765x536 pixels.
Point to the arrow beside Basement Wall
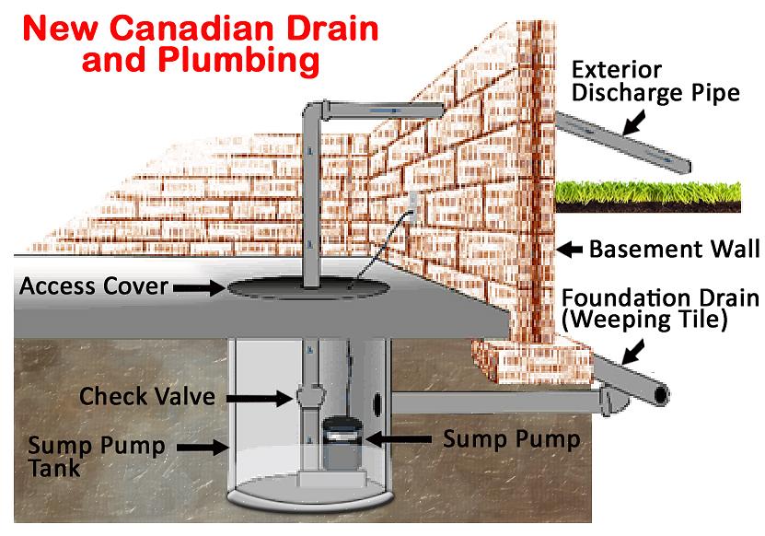pyautogui.click(x=570, y=249)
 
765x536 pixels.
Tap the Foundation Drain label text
pyautogui.click(x=661, y=297)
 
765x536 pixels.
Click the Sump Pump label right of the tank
pyautogui.click(x=512, y=439)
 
